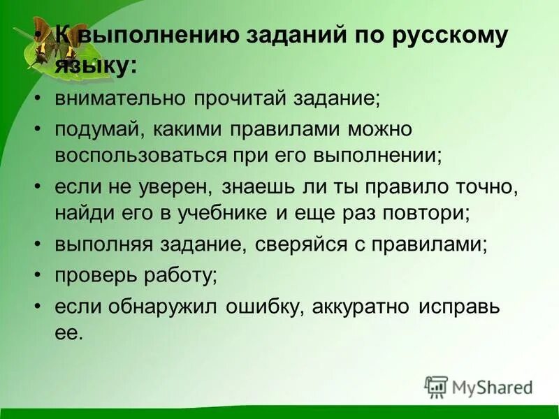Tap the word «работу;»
(x=181, y=275)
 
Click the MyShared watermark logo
(x=479, y=386)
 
